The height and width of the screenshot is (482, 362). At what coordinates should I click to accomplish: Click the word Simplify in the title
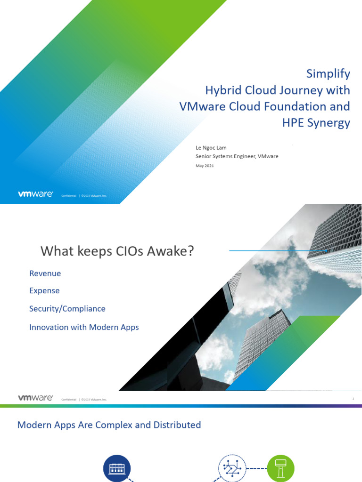[328, 74]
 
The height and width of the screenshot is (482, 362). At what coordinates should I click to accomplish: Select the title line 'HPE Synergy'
[317, 123]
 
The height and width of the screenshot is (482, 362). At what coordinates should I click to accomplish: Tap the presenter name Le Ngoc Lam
[211, 148]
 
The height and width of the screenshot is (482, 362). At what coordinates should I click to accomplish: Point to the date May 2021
[205, 165]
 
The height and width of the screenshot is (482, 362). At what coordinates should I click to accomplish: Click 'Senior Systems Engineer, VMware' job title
[237, 156]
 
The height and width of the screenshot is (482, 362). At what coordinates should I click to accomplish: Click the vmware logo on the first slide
[35, 194]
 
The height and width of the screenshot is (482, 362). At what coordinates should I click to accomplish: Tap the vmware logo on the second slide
[35, 398]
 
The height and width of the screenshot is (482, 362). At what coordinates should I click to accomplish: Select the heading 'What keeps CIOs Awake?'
[117, 251]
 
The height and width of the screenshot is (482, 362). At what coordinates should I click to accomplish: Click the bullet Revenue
[45, 273]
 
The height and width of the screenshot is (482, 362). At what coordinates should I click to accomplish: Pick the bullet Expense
[44, 291]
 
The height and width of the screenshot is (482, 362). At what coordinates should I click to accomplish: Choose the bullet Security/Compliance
[67, 309]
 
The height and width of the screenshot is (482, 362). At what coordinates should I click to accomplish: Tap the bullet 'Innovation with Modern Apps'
[84, 327]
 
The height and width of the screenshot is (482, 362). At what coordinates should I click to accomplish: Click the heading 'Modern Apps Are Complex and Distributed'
[109, 425]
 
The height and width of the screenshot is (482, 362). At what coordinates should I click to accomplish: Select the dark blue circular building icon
[117, 467]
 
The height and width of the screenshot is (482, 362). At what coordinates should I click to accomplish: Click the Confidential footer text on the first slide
[69, 195]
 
